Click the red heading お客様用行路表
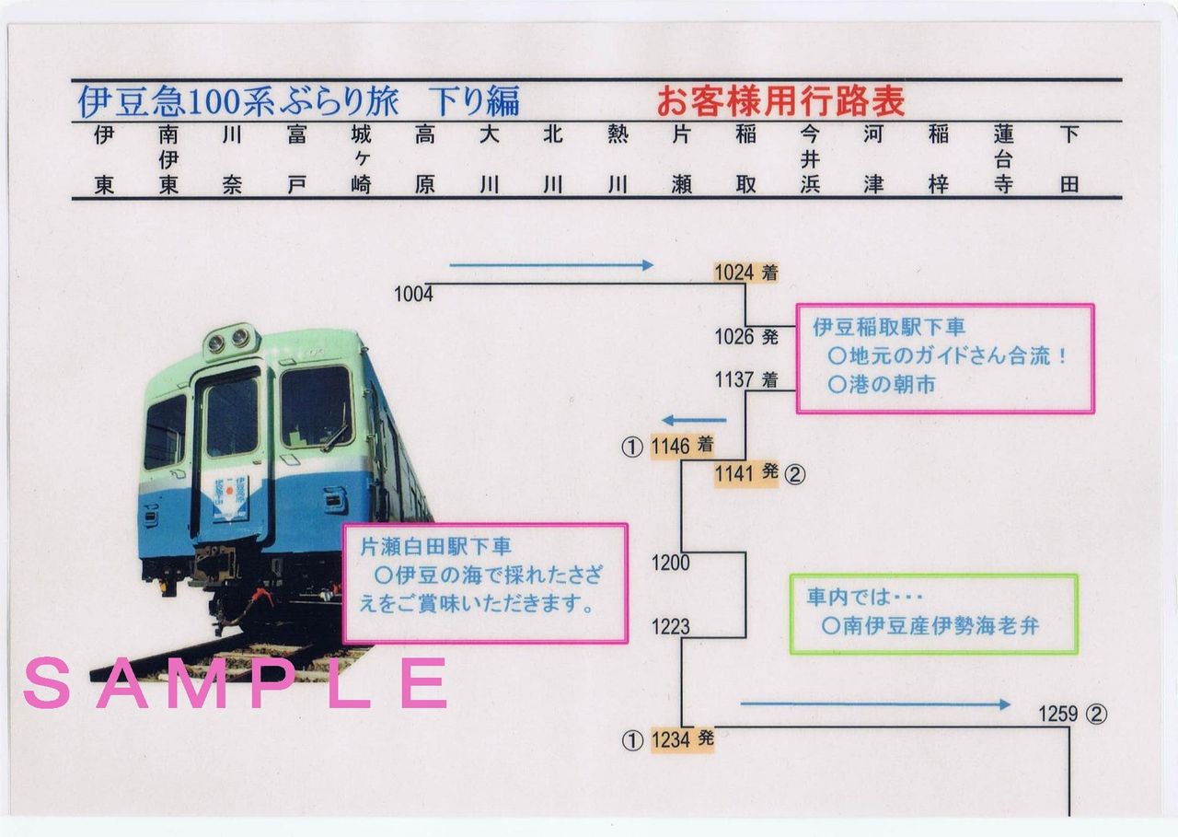tap(780, 100)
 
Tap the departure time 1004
tap(413, 295)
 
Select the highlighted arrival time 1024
tap(734, 273)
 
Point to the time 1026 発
tap(746, 337)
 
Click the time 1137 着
tap(746, 379)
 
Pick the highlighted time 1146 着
tap(682, 447)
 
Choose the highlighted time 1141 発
tap(746, 473)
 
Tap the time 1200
tap(670, 563)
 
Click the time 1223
tap(670, 627)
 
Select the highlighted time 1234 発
tap(682, 738)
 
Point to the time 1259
tap(1057, 714)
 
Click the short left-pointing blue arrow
tap(695, 421)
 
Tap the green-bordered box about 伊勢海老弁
tap(933, 614)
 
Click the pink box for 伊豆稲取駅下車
tap(945, 358)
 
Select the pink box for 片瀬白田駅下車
tap(485, 583)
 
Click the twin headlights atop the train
tap(229, 341)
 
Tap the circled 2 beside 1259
tap(1096, 714)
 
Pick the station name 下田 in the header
tap(1068, 159)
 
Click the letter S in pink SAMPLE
tap(47, 683)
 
